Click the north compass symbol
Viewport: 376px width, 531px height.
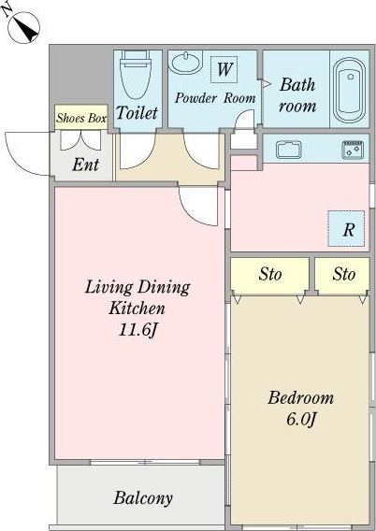click(23, 27)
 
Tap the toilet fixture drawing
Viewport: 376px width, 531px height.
click(136, 75)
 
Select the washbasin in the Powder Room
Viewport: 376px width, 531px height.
click(185, 63)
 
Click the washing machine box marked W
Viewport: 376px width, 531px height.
click(224, 69)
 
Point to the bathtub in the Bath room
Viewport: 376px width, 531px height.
click(349, 90)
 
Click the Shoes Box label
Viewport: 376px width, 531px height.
click(81, 118)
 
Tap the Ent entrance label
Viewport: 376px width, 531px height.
click(85, 165)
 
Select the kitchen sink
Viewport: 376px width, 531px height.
click(289, 150)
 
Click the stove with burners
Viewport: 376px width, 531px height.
click(353, 150)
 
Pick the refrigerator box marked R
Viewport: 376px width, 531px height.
click(346, 229)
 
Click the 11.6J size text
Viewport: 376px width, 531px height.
click(138, 329)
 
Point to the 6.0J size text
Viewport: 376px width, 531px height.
click(301, 420)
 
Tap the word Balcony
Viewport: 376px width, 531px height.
click(143, 498)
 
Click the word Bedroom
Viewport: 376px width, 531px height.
click(301, 397)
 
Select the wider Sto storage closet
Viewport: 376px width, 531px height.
click(269, 274)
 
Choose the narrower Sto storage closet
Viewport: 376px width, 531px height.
click(341, 274)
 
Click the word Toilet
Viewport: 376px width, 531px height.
click(137, 113)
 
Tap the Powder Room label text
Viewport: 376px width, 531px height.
click(215, 98)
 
